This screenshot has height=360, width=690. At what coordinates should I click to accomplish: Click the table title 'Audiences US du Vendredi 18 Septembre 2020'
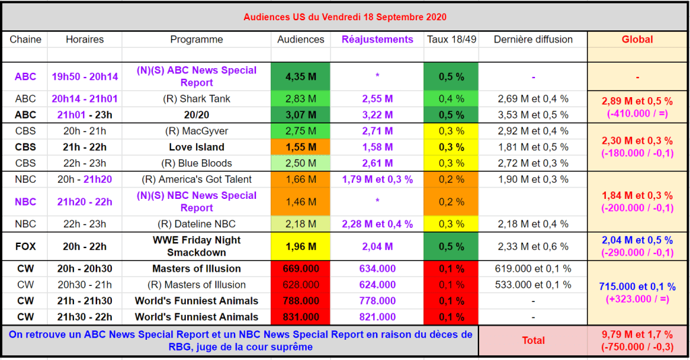[x=344, y=17]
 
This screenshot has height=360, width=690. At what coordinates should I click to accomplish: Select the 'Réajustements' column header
[x=377, y=39]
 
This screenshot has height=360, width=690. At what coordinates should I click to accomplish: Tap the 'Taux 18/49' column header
[x=451, y=39]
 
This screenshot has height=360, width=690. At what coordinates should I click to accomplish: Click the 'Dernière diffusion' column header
[x=533, y=39]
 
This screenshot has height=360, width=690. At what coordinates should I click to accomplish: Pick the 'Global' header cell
[x=637, y=39]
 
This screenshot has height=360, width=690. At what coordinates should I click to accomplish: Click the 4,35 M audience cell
[x=301, y=76]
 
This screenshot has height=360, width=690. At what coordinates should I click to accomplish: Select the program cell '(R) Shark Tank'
[x=196, y=98]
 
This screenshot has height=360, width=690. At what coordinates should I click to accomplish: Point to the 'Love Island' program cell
[x=196, y=147]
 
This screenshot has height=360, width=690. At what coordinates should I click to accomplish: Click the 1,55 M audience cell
[x=301, y=147]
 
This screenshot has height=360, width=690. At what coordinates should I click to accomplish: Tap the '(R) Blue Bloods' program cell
[x=196, y=163]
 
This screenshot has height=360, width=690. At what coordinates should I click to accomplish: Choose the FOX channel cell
[x=25, y=246]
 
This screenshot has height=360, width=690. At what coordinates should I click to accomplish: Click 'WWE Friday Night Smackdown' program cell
[x=196, y=246]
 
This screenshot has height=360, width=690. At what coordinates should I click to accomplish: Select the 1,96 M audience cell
[x=301, y=246]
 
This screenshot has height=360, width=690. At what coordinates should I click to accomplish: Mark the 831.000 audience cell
[x=301, y=317]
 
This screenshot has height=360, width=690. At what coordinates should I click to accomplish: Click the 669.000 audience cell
[x=301, y=268]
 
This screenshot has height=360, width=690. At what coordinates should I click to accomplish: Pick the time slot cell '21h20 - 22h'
[x=84, y=202]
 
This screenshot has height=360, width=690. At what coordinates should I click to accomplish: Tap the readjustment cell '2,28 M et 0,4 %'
[x=377, y=224]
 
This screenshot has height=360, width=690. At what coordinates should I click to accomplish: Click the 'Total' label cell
[x=533, y=340]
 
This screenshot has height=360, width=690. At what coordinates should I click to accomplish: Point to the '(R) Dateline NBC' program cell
[x=196, y=224]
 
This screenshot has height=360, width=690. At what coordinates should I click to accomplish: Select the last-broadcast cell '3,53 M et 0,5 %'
[x=533, y=115]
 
